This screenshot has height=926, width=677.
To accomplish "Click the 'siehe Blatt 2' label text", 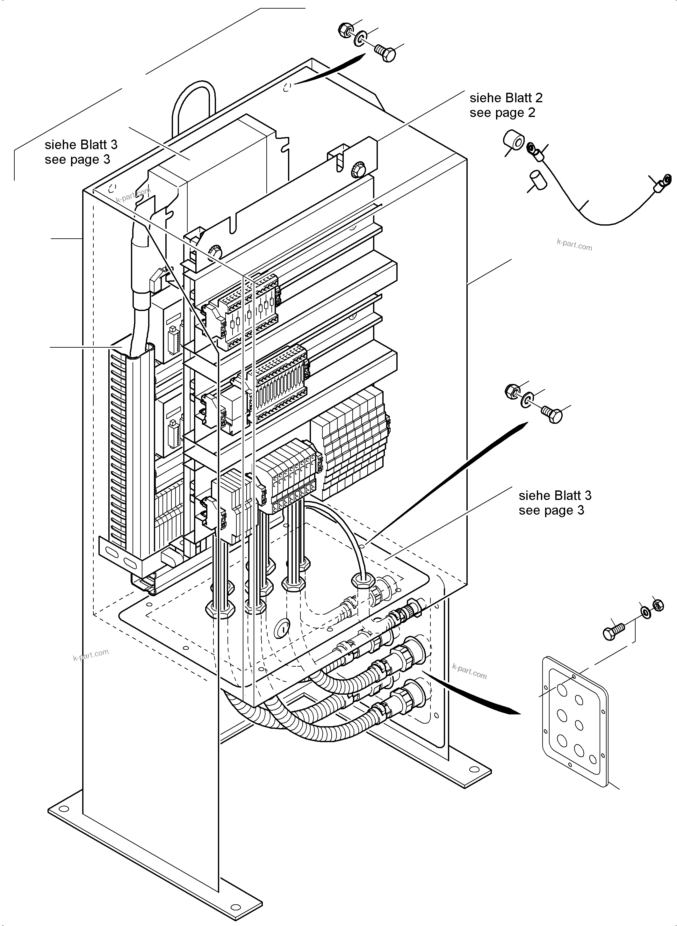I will (x=506, y=98).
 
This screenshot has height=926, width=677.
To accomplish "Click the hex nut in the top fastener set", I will (x=345, y=30).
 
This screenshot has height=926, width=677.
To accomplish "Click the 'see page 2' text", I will (x=502, y=113).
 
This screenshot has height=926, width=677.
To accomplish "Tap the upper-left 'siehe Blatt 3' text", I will (x=81, y=145).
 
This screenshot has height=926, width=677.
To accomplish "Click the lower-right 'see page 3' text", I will (x=551, y=510).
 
